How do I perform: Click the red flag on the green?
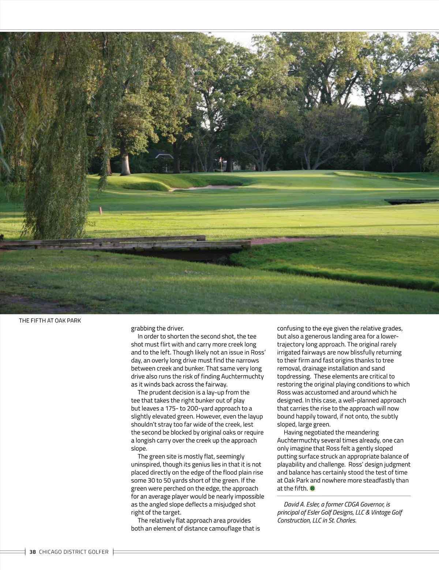[x=221, y=160]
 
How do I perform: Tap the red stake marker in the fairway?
[x=100, y=210]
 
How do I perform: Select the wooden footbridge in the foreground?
[x=124, y=243]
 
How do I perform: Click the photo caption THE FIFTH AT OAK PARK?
[x=50, y=320]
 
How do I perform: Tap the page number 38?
[x=33, y=552]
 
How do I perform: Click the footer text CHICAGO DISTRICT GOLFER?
[x=74, y=552]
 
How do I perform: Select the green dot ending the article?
[x=312, y=488]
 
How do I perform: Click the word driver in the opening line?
[x=175, y=328]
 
